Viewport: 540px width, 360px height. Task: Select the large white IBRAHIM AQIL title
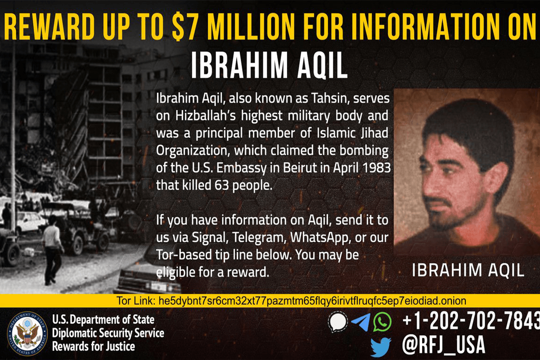pos(269,66)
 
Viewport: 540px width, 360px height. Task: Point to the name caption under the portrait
pos(468,270)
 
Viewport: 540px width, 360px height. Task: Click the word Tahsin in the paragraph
pos(330,99)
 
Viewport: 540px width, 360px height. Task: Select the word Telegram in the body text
pos(259,238)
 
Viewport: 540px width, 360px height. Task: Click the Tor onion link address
pos(312,301)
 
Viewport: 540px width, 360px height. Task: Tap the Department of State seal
pos(27,333)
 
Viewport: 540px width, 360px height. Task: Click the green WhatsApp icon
pos(382,322)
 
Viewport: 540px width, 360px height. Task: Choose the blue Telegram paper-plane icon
pos(360,322)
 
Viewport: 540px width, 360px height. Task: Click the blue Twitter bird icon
pos(381,347)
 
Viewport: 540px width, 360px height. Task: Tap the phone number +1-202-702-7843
pos(471,321)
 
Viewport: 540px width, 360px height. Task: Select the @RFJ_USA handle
pos(444,345)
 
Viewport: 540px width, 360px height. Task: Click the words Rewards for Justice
pos(94,346)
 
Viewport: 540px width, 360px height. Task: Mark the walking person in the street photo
pos(53,250)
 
